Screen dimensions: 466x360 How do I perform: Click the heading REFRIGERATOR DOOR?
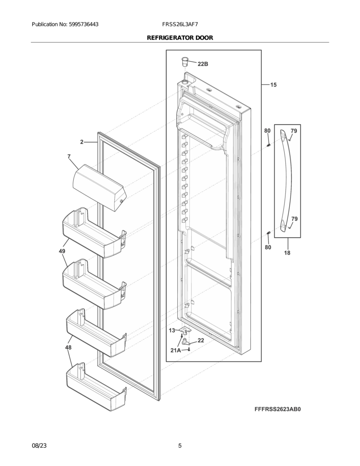(x=180, y=38)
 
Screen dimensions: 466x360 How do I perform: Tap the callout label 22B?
(x=203, y=64)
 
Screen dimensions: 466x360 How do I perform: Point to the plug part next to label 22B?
(x=185, y=61)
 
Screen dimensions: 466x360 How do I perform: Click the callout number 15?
(x=274, y=85)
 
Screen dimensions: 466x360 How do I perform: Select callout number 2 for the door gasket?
(x=82, y=142)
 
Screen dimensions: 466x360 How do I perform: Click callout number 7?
(x=69, y=157)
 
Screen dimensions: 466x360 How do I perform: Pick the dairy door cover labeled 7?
(x=98, y=187)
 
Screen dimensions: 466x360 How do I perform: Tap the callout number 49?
(x=62, y=251)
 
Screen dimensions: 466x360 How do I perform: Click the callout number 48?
(x=68, y=347)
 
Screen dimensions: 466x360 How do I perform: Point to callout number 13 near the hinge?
(x=172, y=330)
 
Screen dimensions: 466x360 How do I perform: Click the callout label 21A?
(x=176, y=350)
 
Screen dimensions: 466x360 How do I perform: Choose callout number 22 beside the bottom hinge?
(x=201, y=340)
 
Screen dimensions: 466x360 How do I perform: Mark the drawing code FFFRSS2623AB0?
(x=280, y=410)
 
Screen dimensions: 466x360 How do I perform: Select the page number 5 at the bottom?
(x=180, y=446)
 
